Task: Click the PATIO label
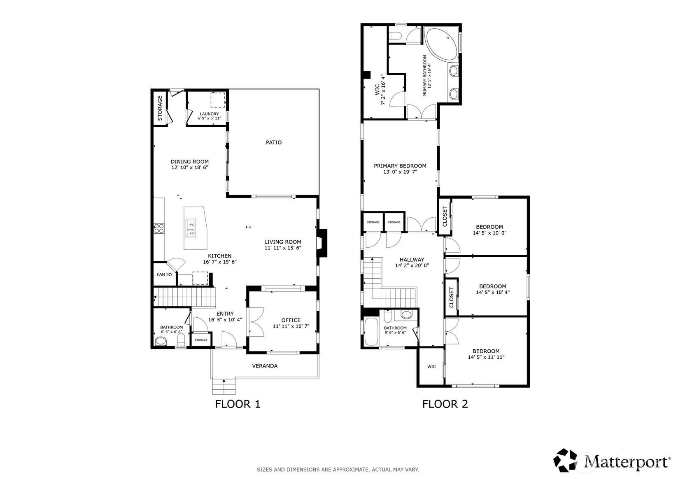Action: [x=274, y=142]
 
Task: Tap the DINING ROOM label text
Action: [x=189, y=162]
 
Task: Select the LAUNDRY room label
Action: [x=209, y=114]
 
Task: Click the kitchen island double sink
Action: [x=191, y=229]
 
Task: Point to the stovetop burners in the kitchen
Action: [x=159, y=228]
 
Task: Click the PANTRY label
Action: [x=165, y=274]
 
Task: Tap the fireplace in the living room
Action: [x=322, y=243]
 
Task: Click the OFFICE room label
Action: [x=291, y=320]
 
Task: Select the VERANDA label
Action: [x=265, y=366]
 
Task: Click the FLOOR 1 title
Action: [x=238, y=404]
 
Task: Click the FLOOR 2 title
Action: [x=445, y=404]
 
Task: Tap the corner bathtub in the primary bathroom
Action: [x=441, y=44]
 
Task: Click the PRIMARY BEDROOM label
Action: [x=400, y=166]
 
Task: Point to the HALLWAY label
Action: [x=412, y=260]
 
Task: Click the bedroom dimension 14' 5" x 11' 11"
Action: [x=486, y=357]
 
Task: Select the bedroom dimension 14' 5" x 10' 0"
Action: [x=489, y=233]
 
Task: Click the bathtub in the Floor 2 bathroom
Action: [x=371, y=331]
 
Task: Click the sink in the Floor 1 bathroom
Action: [x=161, y=342]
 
